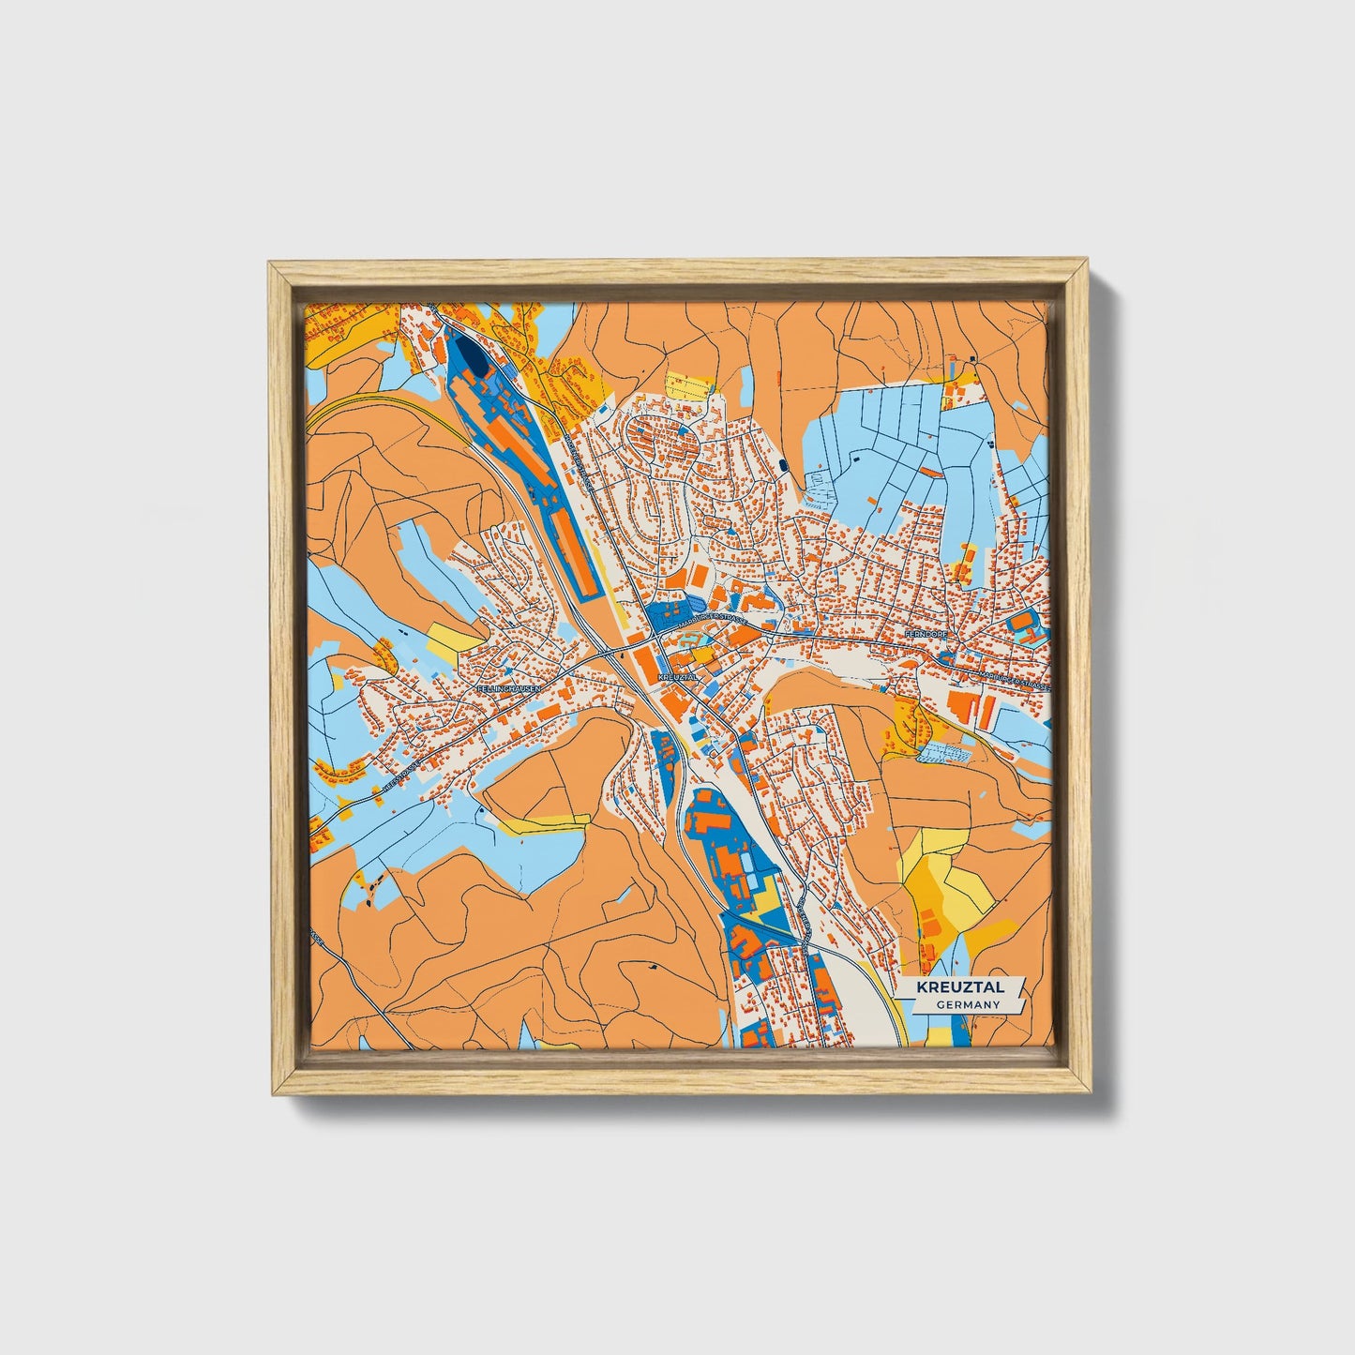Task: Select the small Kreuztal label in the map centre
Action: [x=677, y=675]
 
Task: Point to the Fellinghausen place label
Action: [x=509, y=687]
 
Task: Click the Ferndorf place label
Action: [x=926, y=635]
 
